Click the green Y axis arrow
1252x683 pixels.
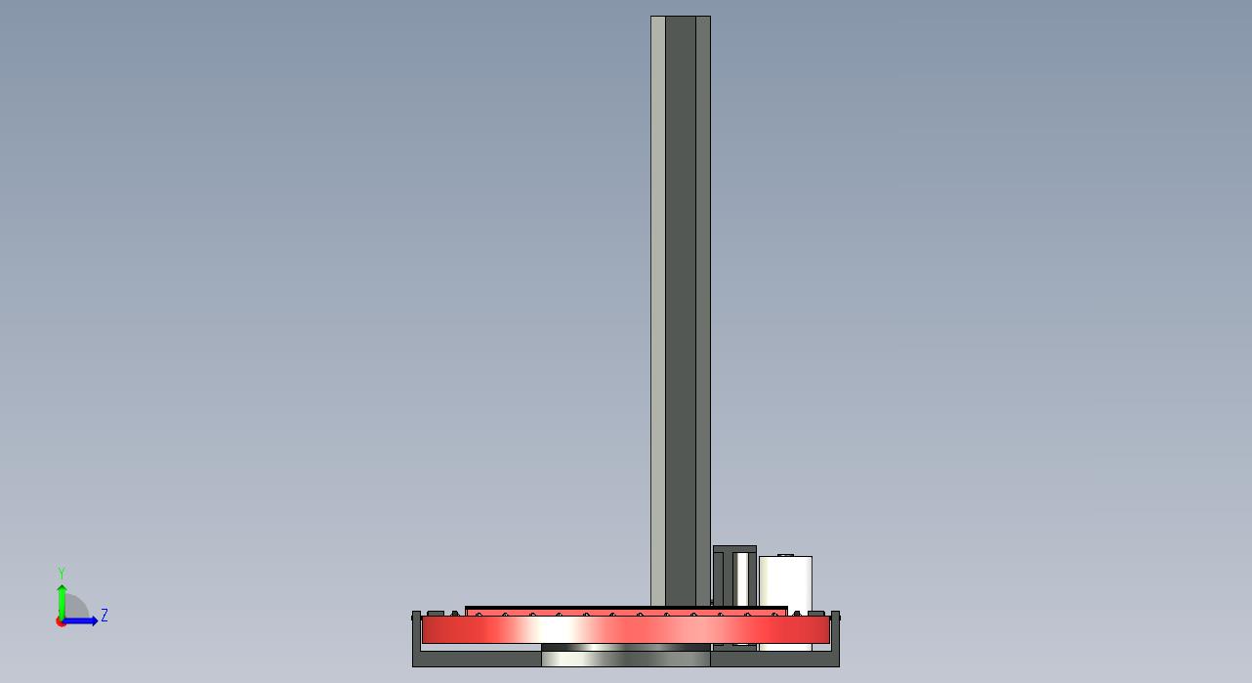tap(62, 602)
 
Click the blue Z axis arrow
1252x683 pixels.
tap(80, 620)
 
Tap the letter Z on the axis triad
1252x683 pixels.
tap(104, 616)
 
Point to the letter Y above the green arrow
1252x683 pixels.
tap(62, 573)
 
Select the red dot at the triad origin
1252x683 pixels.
tap(61, 622)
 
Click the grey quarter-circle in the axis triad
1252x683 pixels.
tap(75, 607)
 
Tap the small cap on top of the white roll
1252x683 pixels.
tap(786, 555)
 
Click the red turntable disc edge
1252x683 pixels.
tap(625, 629)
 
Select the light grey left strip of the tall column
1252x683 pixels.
tap(658, 311)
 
